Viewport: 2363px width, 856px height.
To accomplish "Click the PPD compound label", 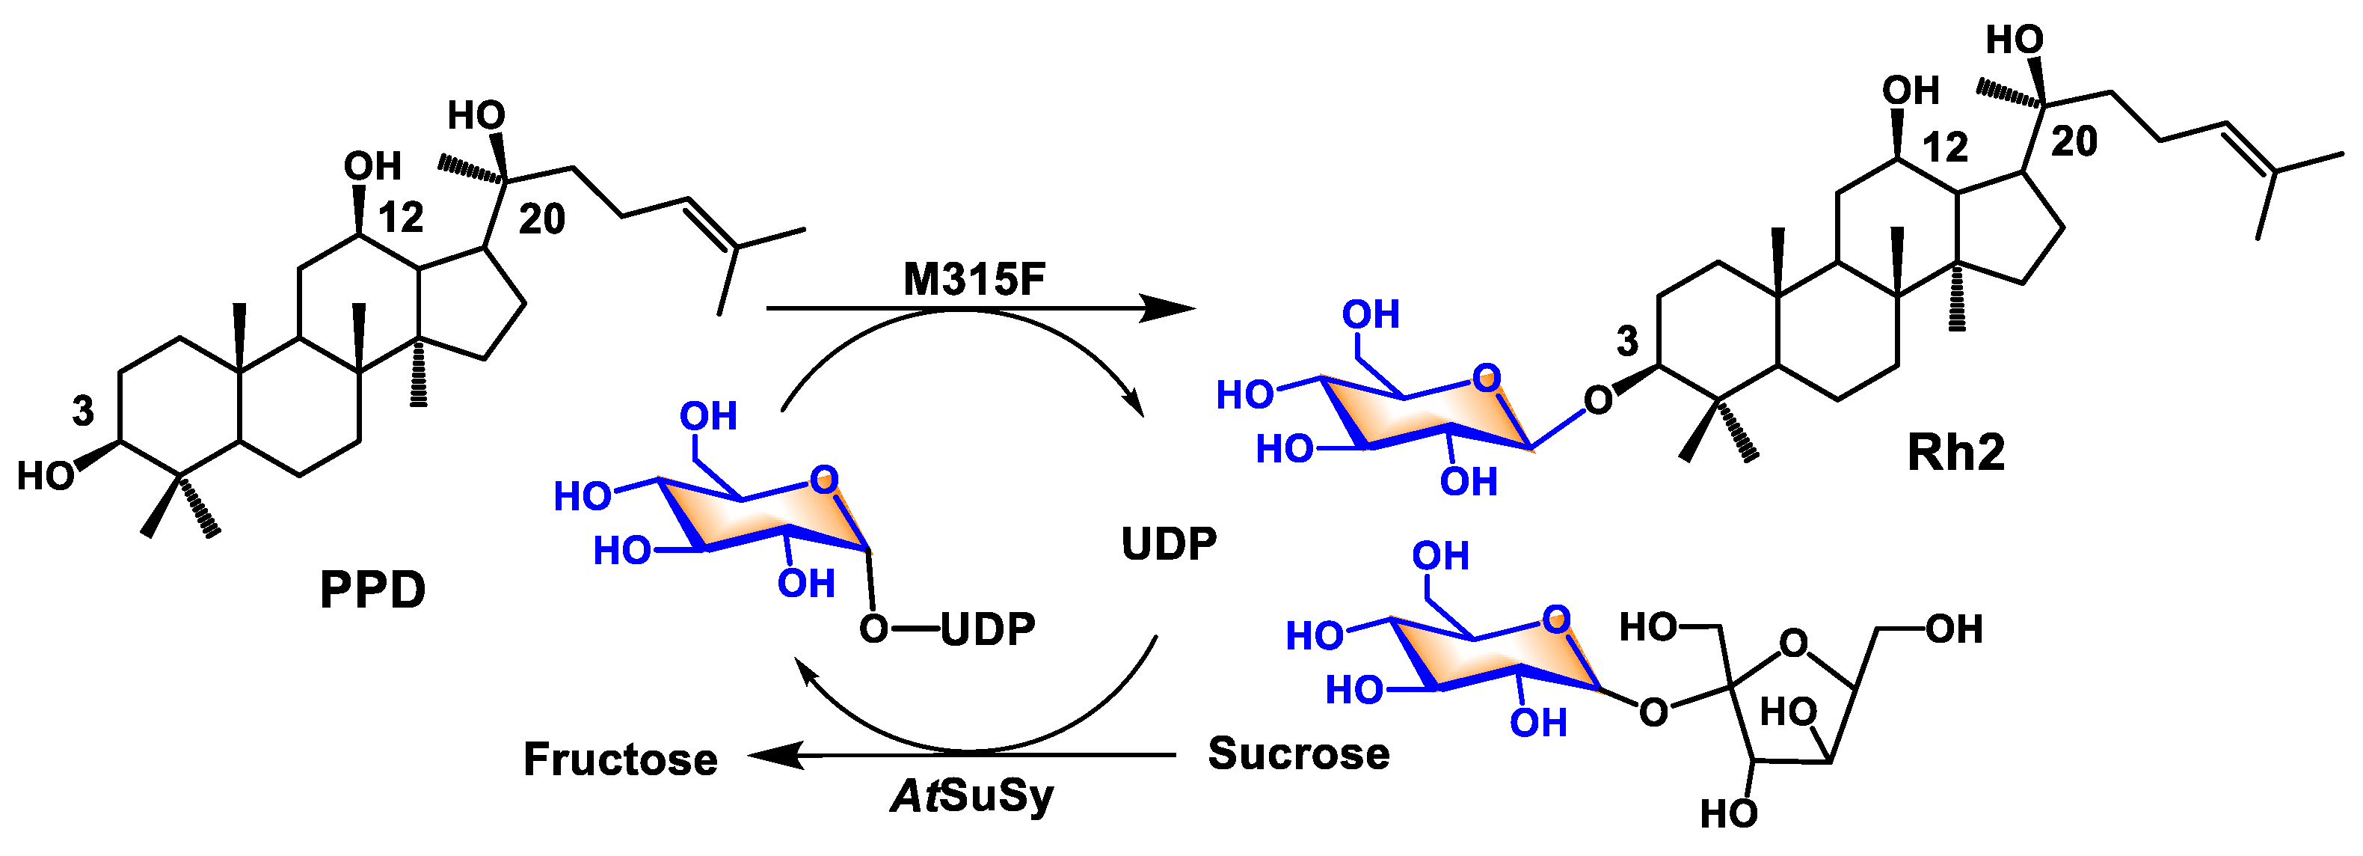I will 372,590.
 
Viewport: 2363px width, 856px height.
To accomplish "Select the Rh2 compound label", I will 1955,452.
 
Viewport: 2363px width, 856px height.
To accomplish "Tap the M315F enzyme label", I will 974,280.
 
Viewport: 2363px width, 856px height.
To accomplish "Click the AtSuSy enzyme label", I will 972,795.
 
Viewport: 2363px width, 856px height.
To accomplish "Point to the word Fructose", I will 620,759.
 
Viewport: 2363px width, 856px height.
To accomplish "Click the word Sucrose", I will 1298,754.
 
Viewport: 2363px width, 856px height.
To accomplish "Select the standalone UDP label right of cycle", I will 1169,544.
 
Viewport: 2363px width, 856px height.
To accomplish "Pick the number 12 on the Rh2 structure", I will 1945,147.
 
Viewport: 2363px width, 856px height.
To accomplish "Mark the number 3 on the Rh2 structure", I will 1627,341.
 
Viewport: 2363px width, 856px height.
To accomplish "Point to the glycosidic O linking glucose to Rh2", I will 1598,400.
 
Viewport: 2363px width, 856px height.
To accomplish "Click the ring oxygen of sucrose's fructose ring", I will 1793,643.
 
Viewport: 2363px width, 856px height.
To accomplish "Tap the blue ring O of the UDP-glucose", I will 824,479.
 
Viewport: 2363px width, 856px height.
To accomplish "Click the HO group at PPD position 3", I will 46,476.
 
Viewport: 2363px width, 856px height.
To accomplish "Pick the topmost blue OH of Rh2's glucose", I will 1371,315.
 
